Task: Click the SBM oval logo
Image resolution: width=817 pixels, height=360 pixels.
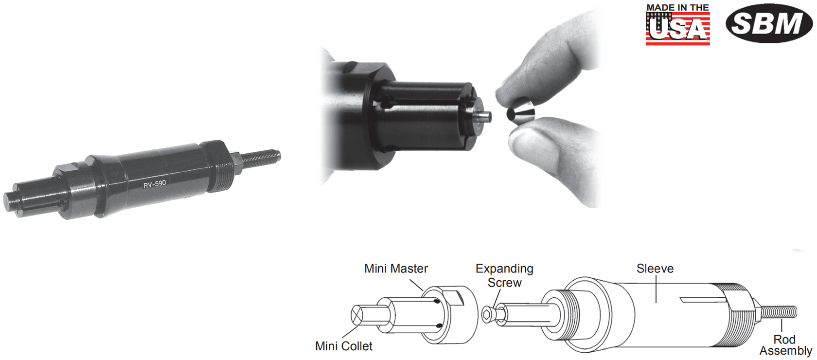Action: [x=769, y=23]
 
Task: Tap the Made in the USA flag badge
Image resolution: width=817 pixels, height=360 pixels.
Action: [x=678, y=25]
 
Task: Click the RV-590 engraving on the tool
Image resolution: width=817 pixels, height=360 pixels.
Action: [x=155, y=183]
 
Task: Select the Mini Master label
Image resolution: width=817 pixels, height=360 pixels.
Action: [x=396, y=269]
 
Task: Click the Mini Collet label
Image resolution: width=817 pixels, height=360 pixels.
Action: [x=343, y=346]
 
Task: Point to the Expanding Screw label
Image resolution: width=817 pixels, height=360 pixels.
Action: [x=504, y=275]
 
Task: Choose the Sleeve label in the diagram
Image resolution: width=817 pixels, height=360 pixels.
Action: [x=655, y=269]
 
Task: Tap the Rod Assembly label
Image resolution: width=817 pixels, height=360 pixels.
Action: [x=786, y=345]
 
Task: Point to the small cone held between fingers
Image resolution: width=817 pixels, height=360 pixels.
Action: [x=520, y=111]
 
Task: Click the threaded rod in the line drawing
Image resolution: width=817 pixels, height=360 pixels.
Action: [x=778, y=312]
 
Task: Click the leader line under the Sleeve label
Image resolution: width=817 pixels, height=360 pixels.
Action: [x=656, y=289]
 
